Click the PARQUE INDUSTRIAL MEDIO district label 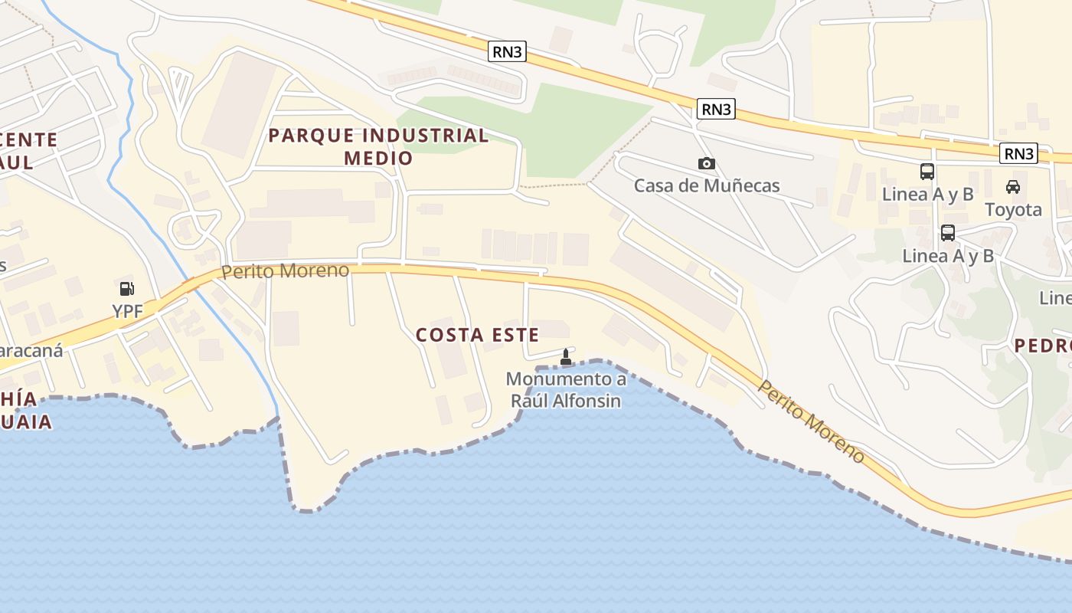tap(378, 146)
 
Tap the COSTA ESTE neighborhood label tap(477, 335)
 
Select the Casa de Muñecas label tap(706, 185)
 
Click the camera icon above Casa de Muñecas tap(706, 163)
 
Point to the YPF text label tap(128, 311)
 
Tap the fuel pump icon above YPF tap(126, 289)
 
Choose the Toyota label tap(1013, 209)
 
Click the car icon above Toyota tap(1013, 186)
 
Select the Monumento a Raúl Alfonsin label tap(566, 389)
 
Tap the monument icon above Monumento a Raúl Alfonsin tap(566, 356)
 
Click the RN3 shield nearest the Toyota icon tap(1018, 154)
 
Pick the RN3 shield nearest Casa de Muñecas tap(716, 110)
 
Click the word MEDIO tap(378, 158)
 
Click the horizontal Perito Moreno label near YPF tap(285, 270)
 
